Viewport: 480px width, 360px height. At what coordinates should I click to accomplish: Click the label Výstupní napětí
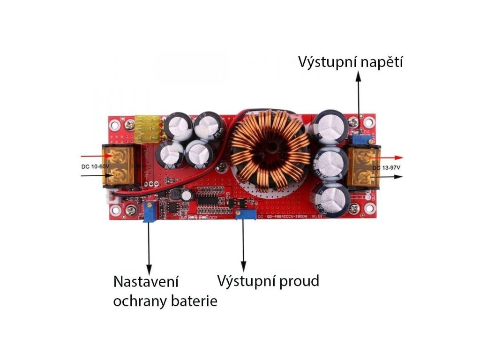coord(351,62)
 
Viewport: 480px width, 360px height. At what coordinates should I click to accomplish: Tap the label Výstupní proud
coord(268,281)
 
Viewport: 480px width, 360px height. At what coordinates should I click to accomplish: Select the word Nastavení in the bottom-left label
coord(147,283)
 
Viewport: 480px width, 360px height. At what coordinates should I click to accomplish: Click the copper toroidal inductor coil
coord(270,150)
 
